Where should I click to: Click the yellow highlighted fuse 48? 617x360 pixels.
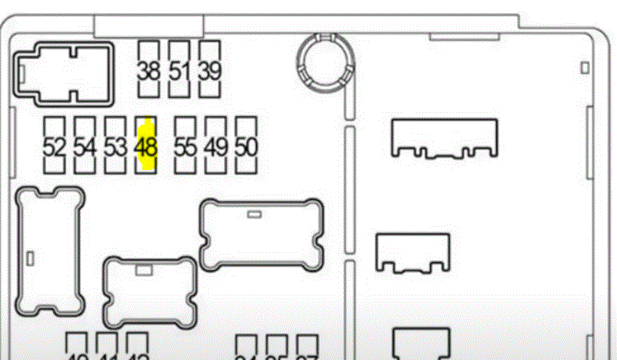pos(145,146)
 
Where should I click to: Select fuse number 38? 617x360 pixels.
pos(148,70)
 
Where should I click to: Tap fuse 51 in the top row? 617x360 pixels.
pos(178,70)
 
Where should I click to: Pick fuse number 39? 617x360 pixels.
pos(209,70)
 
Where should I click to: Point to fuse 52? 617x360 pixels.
pos(54,146)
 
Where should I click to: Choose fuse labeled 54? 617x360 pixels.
pos(85,146)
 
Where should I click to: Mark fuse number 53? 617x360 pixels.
pos(115,146)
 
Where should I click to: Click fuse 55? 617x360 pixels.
pos(185,146)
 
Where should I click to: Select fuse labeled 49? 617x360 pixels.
pos(216,146)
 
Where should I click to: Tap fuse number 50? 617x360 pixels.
pos(245,146)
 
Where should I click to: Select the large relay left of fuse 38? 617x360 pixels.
pos(63,74)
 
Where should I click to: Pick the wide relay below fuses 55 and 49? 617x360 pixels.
pos(262,235)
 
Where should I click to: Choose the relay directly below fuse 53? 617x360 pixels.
pos(149,292)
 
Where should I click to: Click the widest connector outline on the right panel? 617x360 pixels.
pos(445,138)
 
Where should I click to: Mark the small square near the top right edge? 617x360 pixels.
pos(585,68)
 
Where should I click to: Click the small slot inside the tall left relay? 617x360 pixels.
pos(29,257)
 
